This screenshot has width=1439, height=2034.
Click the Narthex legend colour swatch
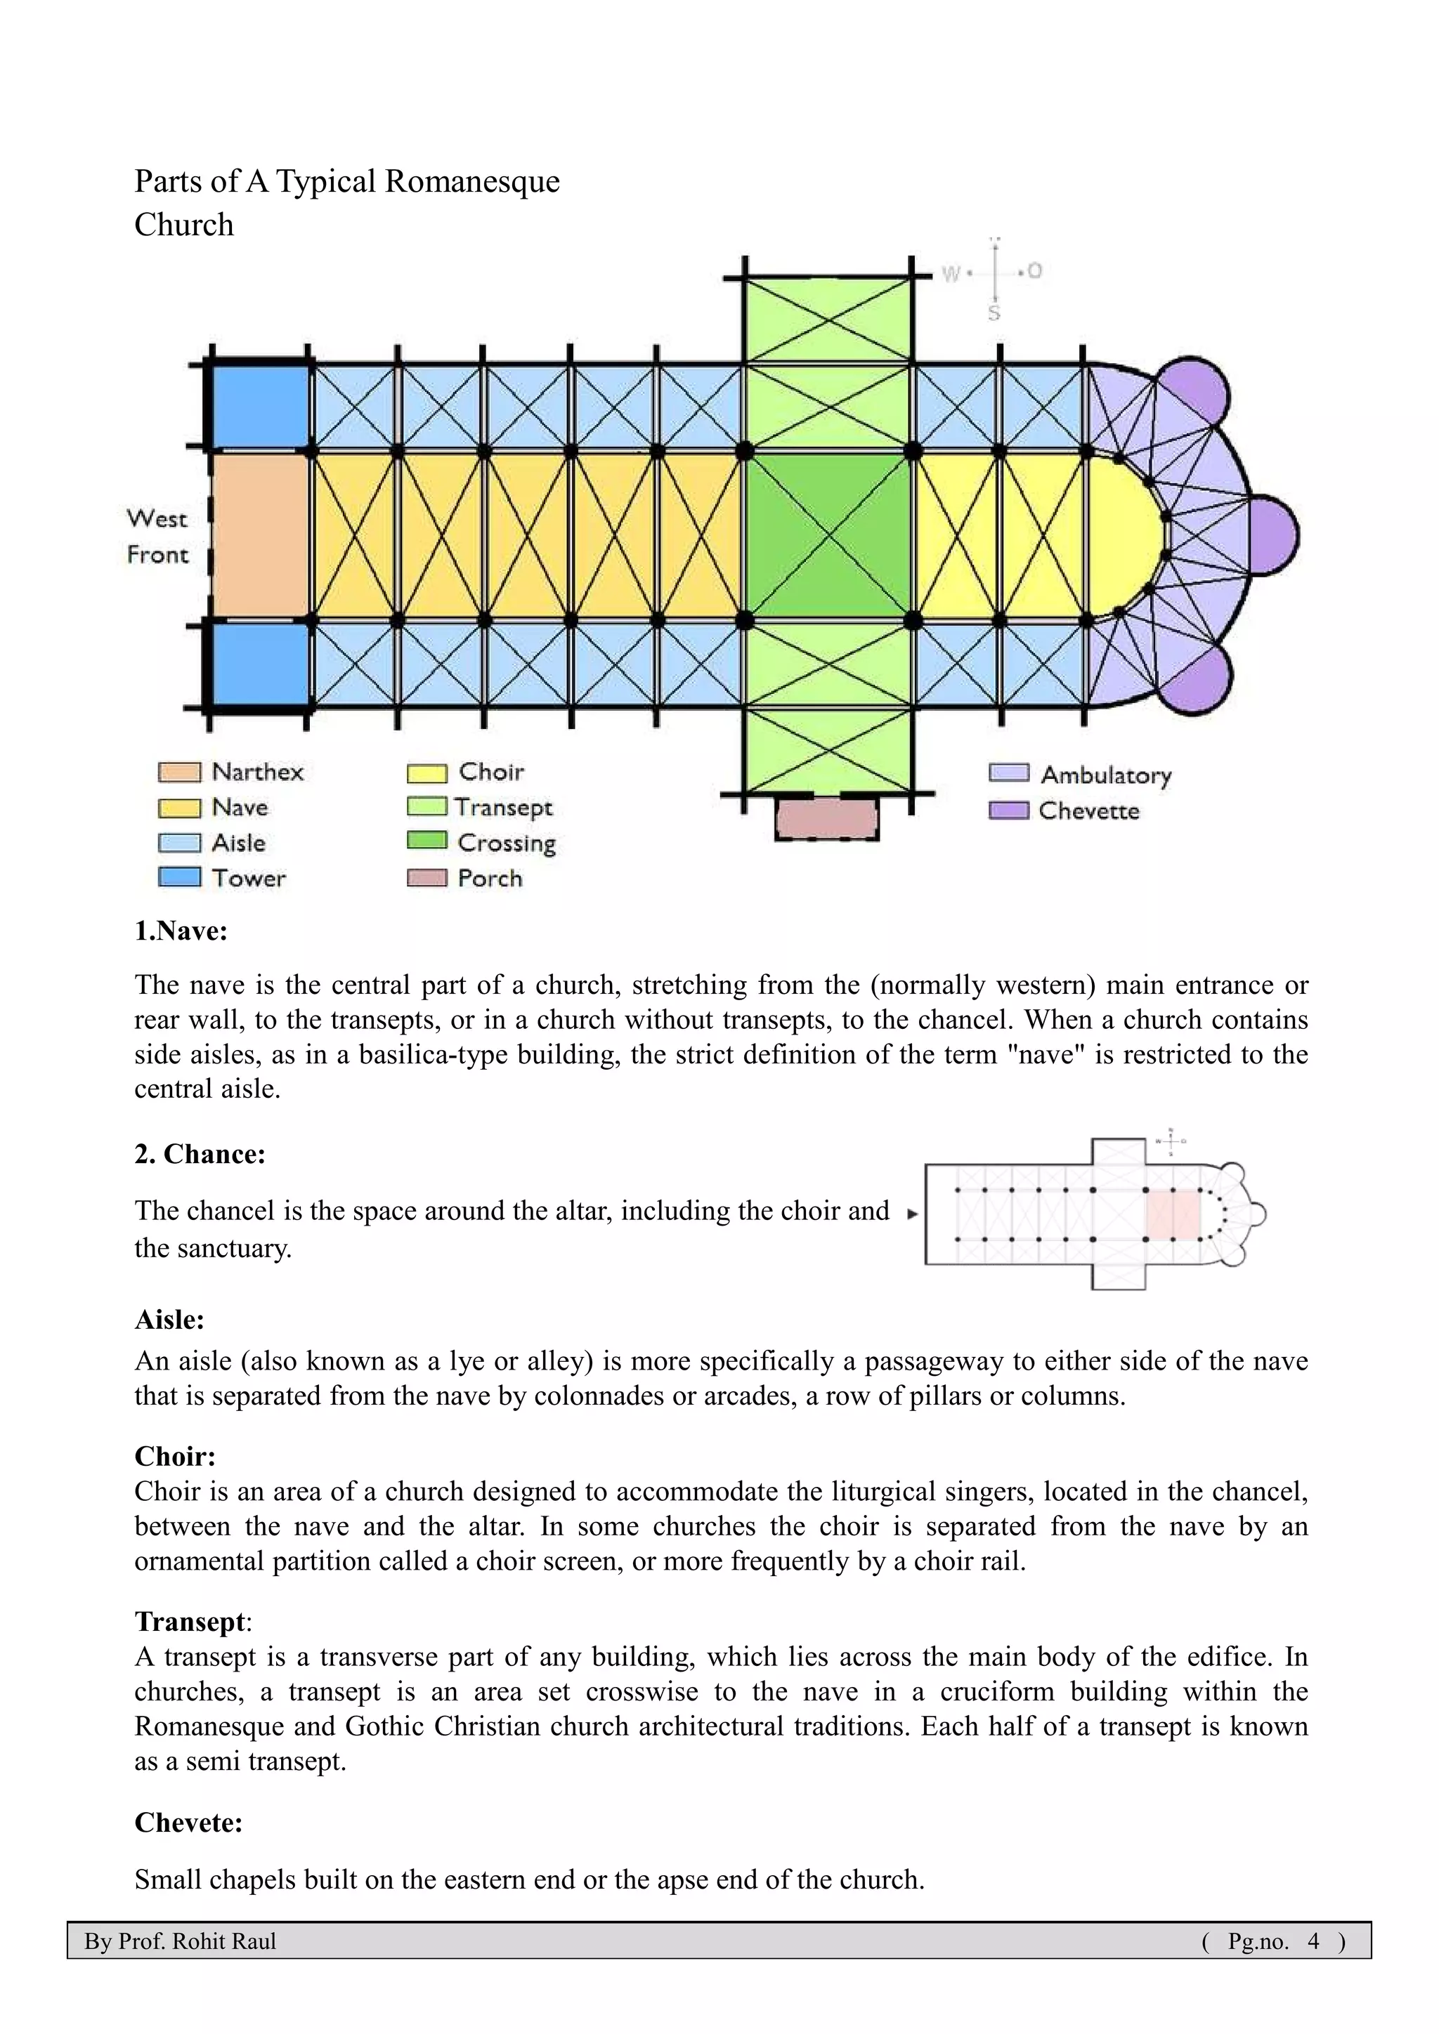tap(179, 773)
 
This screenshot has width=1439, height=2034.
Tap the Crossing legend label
tap(506, 843)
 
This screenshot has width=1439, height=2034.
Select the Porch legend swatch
tap(427, 878)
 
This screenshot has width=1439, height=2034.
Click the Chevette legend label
tap(1089, 811)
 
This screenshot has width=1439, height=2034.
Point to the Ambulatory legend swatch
tap(1008, 773)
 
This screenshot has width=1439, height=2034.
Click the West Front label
tap(157, 536)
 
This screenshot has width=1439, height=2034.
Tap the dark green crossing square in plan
tap(828, 535)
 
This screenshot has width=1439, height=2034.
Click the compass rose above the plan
tap(995, 273)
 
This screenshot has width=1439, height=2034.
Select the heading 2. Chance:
tap(200, 1155)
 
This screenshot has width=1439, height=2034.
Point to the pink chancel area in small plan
tap(1172, 1214)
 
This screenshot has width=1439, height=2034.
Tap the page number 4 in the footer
tap(1313, 1941)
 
